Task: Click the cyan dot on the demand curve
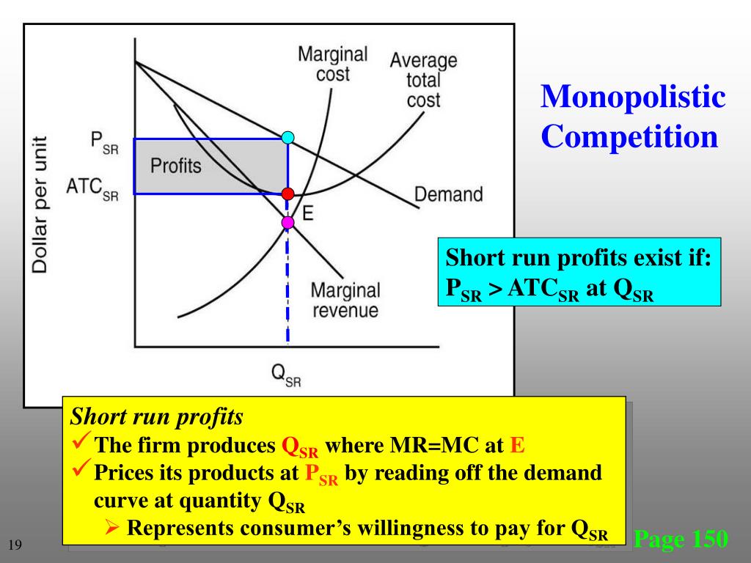[288, 137]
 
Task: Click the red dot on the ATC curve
[288, 194]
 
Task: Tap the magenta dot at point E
[288, 222]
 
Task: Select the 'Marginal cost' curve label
[333, 64]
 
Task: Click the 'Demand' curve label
[449, 194]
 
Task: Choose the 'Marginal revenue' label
[346, 300]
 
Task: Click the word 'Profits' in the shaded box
[175, 166]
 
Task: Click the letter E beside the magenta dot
[308, 213]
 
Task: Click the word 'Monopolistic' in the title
[632, 97]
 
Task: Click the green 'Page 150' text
[681, 540]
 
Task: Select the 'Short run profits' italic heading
[156, 417]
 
